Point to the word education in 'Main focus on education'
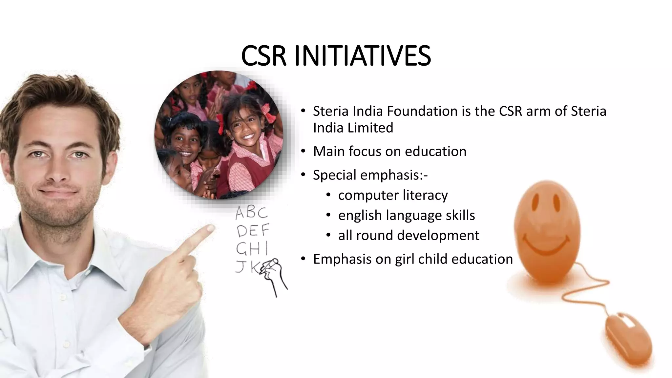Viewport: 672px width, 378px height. (435, 151)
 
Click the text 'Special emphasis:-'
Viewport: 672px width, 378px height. (370, 175)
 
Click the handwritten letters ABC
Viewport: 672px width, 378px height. (252, 213)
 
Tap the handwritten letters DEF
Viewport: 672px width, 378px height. (253, 231)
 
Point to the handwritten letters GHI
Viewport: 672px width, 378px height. (252, 249)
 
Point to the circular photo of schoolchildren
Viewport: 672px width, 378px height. (219, 135)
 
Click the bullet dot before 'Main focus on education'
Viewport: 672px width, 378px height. (303, 151)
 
